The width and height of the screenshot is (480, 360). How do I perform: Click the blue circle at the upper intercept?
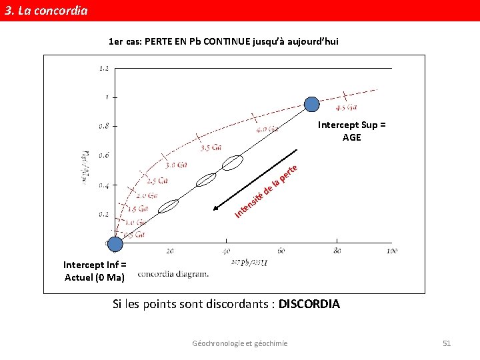[x=312, y=103]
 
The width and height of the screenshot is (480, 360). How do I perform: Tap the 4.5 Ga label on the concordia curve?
[x=346, y=107]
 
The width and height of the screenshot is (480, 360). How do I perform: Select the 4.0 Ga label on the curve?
[x=267, y=129]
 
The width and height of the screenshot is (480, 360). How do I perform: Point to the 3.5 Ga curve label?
[x=211, y=147]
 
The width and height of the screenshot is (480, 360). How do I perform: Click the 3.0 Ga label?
[x=176, y=165]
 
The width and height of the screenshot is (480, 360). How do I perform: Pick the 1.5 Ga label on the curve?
[x=137, y=209]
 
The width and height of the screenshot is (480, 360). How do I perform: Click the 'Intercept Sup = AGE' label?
[x=351, y=131]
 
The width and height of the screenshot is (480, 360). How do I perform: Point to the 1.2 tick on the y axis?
[x=104, y=68]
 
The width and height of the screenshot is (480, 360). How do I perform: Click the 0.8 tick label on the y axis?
[x=104, y=125]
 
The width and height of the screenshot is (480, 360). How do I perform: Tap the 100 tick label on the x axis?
[x=391, y=251]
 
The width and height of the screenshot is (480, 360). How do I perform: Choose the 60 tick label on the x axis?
[x=281, y=251]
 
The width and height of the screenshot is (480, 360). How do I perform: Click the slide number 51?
[x=447, y=343]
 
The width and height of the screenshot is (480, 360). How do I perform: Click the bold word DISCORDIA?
[x=309, y=305]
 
